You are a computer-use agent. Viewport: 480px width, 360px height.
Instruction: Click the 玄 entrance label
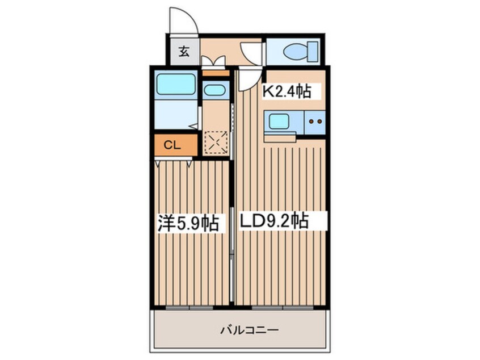tap(184, 51)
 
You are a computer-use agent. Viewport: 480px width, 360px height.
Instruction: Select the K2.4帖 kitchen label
tap(288, 91)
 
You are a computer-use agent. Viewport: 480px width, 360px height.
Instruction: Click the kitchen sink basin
tap(278, 121)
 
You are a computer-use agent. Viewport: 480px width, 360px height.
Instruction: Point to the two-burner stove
tap(315, 122)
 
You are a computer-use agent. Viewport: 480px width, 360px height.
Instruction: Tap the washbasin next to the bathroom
tap(215, 90)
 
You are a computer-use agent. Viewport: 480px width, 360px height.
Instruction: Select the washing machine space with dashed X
tap(216, 142)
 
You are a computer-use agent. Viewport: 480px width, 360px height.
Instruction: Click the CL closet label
tap(172, 145)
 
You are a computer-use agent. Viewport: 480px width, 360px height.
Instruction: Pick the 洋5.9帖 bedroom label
tap(188, 223)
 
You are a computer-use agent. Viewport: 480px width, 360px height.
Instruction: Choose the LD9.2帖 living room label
tap(273, 220)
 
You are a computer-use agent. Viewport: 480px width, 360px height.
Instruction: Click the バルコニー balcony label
tap(250, 330)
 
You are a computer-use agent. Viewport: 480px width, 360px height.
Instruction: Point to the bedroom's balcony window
tap(189, 307)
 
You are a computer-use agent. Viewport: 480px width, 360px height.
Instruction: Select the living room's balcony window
tap(283, 307)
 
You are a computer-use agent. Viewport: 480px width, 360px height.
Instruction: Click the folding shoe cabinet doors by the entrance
tap(214, 61)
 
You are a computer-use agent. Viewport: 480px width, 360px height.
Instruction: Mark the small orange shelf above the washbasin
tap(216, 73)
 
